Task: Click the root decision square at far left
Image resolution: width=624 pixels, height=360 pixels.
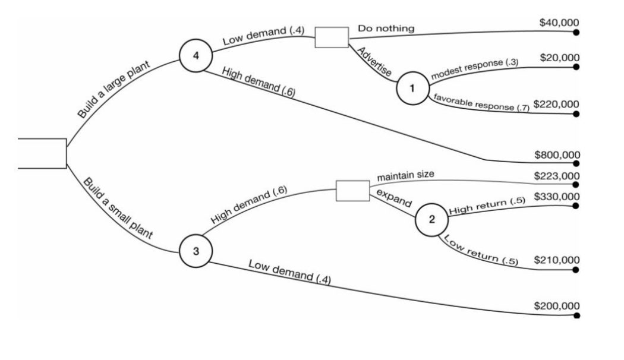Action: click(42, 153)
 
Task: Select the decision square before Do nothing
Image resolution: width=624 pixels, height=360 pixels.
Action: click(331, 37)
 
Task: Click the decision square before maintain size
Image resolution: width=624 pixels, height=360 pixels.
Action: click(352, 191)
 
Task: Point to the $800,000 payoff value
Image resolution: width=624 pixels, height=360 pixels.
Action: click(557, 154)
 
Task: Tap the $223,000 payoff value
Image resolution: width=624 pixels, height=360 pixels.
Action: click(557, 176)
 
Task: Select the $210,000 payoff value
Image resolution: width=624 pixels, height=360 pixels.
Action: click(556, 260)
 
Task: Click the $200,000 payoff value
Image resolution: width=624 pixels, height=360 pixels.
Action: click(556, 306)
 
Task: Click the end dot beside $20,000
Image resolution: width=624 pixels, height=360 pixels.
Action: click(575, 67)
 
